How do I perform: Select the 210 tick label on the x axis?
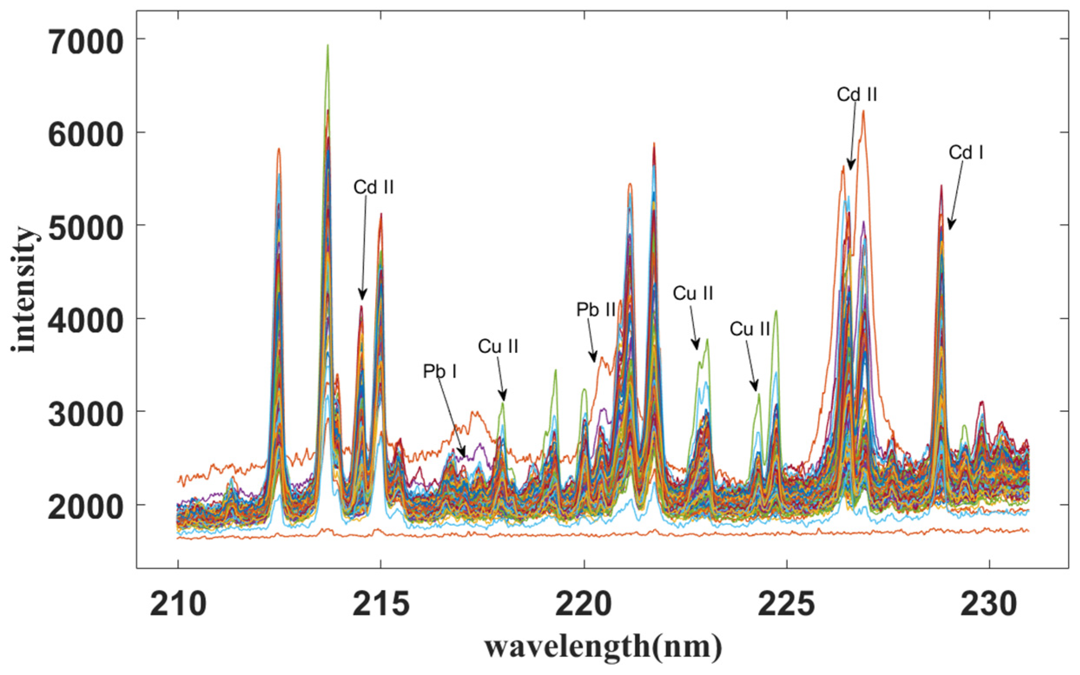(x=178, y=606)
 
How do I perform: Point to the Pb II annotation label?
(x=596, y=310)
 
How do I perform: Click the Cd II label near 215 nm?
(x=374, y=188)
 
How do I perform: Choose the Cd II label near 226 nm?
(x=857, y=95)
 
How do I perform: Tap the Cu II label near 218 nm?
(x=498, y=346)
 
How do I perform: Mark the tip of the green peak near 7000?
(x=328, y=45)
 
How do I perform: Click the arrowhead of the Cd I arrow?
(x=949, y=229)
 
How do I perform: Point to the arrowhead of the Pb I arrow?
(x=464, y=458)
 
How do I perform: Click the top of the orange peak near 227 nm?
(x=863, y=111)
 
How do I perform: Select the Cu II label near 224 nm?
(x=750, y=329)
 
